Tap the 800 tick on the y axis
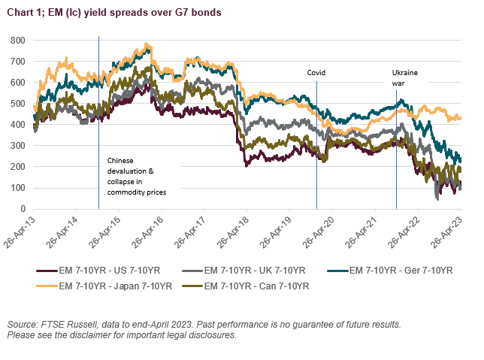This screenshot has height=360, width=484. click(17, 39)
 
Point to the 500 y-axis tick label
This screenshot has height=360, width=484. click(17, 103)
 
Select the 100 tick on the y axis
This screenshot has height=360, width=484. click(17, 188)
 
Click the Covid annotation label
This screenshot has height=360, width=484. click(316, 73)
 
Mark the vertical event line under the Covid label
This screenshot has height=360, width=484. click(316, 150)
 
